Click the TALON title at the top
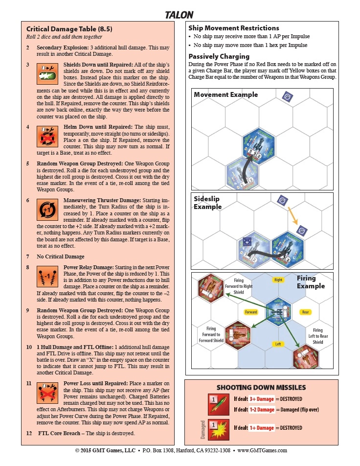point(179,15)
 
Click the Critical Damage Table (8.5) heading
point(69,29)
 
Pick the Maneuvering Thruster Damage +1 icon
point(45,208)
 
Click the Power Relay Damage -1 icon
point(45,277)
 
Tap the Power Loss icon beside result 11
point(45,391)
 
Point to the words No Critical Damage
point(61,256)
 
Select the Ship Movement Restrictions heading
point(234,28)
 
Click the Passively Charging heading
point(219,56)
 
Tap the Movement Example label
point(225,94)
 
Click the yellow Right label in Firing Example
point(278,280)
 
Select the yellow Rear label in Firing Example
point(305,312)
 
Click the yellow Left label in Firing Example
point(278,344)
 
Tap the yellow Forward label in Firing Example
point(250,312)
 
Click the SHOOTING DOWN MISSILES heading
point(261,387)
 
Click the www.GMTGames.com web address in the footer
point(262,450)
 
